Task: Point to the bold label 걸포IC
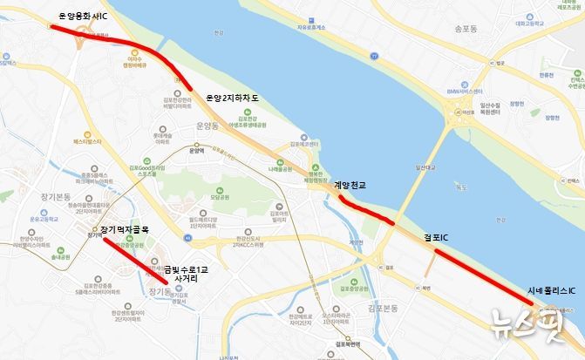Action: coord(435,236)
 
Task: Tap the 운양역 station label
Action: coord(195,150)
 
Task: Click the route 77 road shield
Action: coord(374,55)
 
